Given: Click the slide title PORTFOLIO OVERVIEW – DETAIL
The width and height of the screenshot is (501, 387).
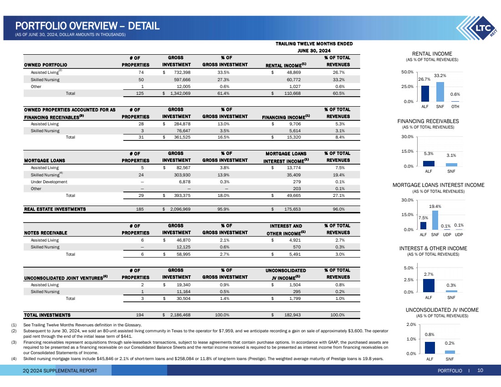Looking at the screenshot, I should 87,26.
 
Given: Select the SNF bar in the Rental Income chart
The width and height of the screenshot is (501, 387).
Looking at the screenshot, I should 440,92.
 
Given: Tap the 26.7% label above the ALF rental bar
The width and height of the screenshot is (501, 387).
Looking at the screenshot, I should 424,79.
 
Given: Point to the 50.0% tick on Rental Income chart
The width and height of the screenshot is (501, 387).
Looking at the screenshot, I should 407,72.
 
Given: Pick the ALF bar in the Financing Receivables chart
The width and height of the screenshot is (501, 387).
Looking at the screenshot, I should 429,164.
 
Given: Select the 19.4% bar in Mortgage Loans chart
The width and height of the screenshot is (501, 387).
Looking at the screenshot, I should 435,220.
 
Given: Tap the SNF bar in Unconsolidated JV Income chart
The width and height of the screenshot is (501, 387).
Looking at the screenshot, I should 450,352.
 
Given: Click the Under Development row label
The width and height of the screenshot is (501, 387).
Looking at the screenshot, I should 49,181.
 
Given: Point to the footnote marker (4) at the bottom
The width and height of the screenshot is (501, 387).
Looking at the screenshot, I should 14,359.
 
